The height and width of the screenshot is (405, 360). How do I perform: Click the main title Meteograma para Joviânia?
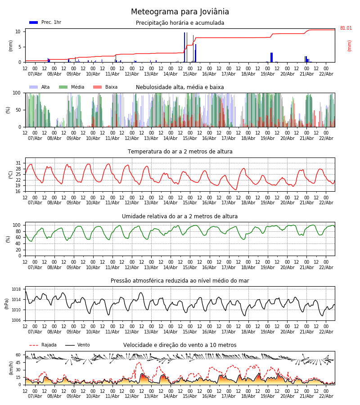pyautogui.click(x=180, y=12)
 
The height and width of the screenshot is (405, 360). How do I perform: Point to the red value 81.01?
pyautogui.click(x=346, y=28)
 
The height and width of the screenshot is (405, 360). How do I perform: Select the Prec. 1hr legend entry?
pyautogui.click(x=45, y=22)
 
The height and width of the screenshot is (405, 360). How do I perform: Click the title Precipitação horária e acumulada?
pyautogui.click(x=180, y=23)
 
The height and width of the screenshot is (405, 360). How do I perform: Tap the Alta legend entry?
pyautogui.click(x=40, y=87)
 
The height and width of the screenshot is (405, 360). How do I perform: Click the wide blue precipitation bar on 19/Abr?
pyautogui.click(x=271, y=57)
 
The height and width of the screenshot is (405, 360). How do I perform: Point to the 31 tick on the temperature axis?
pyautogui.click(x=18, y=163)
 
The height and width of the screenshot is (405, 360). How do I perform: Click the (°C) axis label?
pyautogui.click(x=11, y=175)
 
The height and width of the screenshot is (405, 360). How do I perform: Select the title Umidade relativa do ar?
pyautogui.click(x=180, y=216)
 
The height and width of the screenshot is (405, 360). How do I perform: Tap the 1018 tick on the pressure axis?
pyautogui.click(x=17, y=289)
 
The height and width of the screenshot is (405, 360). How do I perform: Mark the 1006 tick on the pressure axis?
pyautogui.click(x=17, y=320)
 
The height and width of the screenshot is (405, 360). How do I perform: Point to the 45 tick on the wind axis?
pyautogui.click(x=18, y=362)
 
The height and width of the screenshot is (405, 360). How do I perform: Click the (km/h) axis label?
pyautogui.click(x=11, y=368)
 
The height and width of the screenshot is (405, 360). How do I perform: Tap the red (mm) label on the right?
pyautogui.click(x=350, y=45)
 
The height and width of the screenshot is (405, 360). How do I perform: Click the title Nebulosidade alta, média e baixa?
pyautogui.click(x=180, y=87)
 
